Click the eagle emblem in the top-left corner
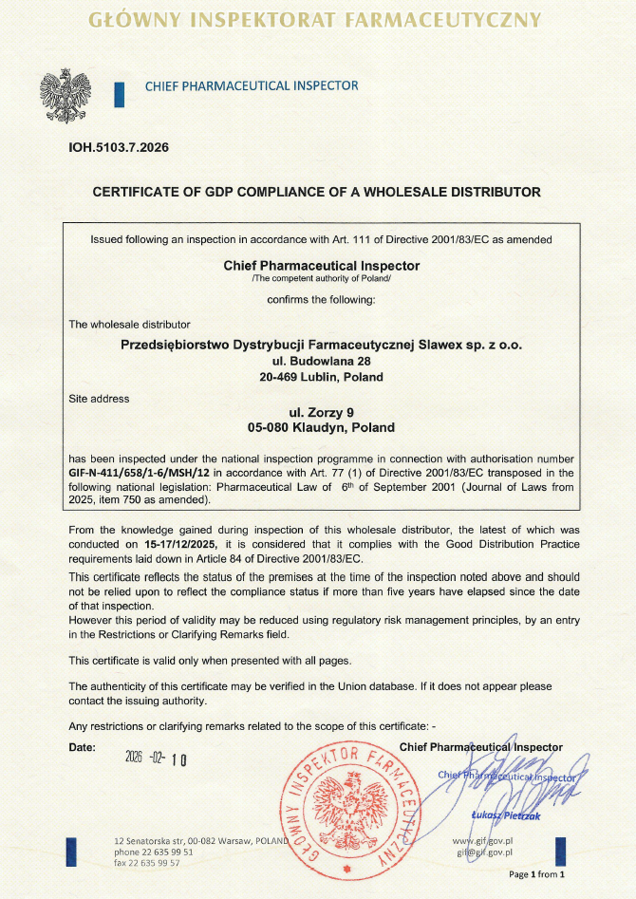(x=65, y=92)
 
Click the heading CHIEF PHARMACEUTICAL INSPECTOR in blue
(x=252, y=86)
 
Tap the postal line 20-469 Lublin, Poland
(x=321, y=377)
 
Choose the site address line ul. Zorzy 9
(x=321, y=412)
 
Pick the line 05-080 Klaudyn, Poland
(x=321, y=428)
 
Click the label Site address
(x=99, y=399)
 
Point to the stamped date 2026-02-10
(x=157, y=758)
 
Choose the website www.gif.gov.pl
(x=483, y=841)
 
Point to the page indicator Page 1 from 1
(x=536, y=874)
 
